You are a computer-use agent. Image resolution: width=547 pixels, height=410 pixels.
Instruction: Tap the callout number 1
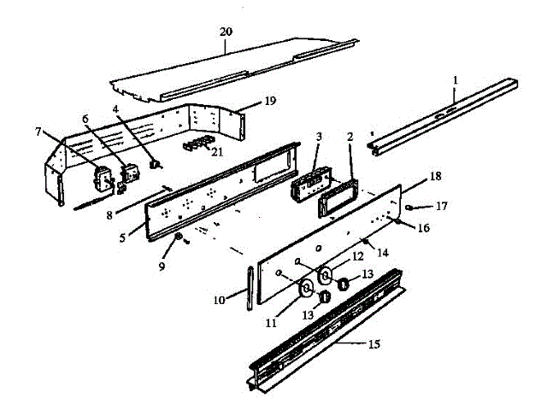point(456,79)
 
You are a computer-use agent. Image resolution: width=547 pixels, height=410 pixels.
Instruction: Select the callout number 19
point(269,101)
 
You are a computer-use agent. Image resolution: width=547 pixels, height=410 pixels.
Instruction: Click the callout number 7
point(38,132)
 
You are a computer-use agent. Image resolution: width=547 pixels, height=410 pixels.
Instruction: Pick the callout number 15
point(373,344)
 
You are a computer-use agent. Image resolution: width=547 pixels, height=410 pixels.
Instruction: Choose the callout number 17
point(441,206)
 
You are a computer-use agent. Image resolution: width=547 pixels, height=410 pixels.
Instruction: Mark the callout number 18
point(436,176)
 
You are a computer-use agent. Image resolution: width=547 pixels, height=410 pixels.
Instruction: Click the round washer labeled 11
point(306,290)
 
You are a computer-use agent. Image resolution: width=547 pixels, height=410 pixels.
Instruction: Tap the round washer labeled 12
point(325,275)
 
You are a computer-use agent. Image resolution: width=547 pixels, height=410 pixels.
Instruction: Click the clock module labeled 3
point(306,184)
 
